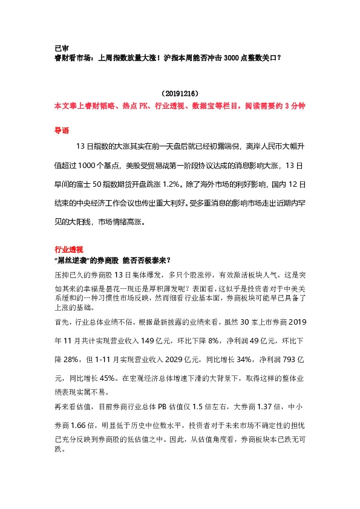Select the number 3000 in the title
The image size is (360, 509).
[x=232, y=58]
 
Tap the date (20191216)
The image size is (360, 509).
[x=180, y=94]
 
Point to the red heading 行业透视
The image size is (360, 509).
[x=68, y=249]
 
